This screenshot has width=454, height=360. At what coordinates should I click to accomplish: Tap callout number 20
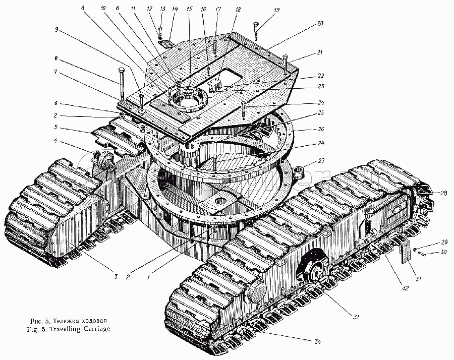tap(320, 23)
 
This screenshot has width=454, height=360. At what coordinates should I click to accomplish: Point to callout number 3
tap(116, 277)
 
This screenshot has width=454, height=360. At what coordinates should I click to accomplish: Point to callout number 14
tap(175, 9)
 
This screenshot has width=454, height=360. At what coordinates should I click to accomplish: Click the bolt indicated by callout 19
tap(257, 31)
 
